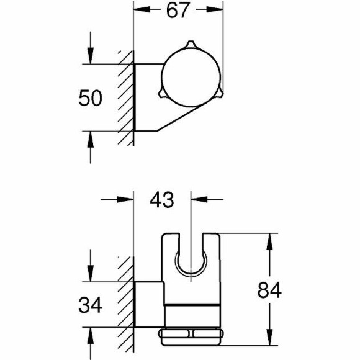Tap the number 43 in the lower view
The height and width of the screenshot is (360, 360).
pyautogui.click(x=163, y=200)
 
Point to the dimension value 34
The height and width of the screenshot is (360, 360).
pyautogui.click(x=91, y=305)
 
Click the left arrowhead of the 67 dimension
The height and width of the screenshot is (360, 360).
pyautogui.click(x=141, y=11)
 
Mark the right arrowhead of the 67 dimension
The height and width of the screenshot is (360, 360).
pyautogui.click(x=217, y=11)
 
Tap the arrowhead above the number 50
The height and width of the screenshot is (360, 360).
pyautogui.click(x=91, y=57)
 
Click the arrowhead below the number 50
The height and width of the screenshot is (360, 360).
pyautogui.click(x=91, y=138)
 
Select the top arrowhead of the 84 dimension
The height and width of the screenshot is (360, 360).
pyautogui.click(x=268, y=241)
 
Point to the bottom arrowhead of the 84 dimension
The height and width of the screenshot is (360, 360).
pyautogui.click(x=268, y=339)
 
